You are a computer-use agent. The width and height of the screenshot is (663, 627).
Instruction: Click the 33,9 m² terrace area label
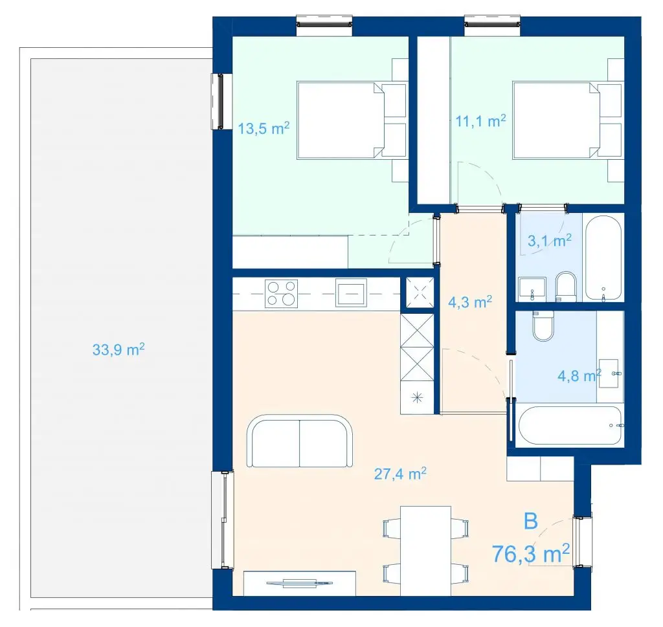[x=118, y=349]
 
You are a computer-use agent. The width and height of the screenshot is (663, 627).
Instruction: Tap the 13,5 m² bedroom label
[x=264, y=128]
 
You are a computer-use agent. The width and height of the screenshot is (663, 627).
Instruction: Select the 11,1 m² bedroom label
[x=480, y=121]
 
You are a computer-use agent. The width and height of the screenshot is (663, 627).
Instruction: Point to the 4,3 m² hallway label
[x=470, y=302]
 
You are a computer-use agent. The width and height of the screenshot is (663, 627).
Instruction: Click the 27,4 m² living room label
[x=400, y=474]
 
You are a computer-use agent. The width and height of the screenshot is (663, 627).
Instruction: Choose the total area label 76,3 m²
[x=531, y=553]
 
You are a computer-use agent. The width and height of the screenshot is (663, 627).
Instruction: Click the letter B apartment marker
[x=531, y=521]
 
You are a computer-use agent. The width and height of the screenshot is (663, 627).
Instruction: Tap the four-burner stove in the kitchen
[x=281, y=294]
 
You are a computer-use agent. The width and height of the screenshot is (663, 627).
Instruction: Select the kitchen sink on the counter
[x=351, y=292]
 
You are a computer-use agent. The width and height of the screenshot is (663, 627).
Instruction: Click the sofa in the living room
[x=300, y=441]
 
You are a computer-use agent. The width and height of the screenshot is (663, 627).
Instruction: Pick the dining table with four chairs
[x=425, y=551]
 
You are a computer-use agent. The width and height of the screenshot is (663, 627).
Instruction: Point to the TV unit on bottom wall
[x=300, y=583]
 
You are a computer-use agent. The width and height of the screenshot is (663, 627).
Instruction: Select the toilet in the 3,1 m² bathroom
[x=566, y=287]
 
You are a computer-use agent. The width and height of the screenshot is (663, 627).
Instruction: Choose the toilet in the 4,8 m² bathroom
[x=543, y=325]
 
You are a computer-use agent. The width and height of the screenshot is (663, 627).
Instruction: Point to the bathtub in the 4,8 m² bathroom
[x=570, y=426]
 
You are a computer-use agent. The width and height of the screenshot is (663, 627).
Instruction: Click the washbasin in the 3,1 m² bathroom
[x=532, y=289]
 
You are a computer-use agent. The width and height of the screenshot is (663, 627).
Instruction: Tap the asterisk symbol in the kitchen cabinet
[x=418, y=397]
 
